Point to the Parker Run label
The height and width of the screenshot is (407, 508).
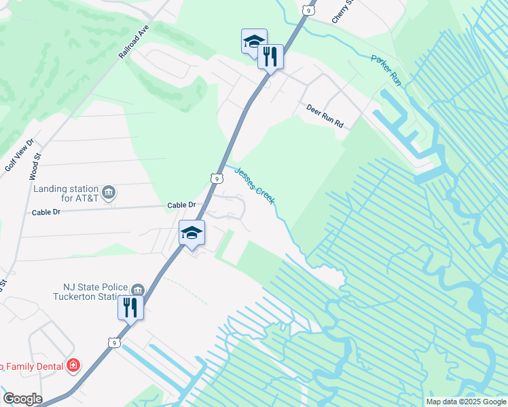click(x=386, y=70)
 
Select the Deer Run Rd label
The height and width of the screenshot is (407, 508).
click(x=325, y=117)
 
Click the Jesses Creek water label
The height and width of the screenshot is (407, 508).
click(x=255, y=185)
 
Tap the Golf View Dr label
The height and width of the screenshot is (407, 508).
click(x=18, y=157)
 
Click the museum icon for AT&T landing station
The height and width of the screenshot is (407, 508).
click(x=109, y=193)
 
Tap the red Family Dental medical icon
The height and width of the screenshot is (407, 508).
click(x=73, y=366)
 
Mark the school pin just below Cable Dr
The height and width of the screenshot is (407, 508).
click(x=192, y=233)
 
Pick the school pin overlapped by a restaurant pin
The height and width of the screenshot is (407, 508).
click(x=253, y=41)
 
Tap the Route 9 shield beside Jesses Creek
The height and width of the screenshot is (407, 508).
click(x=216, y=178)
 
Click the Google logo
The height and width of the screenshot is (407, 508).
click(x=22, y=399)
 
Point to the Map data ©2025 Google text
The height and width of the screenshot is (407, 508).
click(x=466, y=402)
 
